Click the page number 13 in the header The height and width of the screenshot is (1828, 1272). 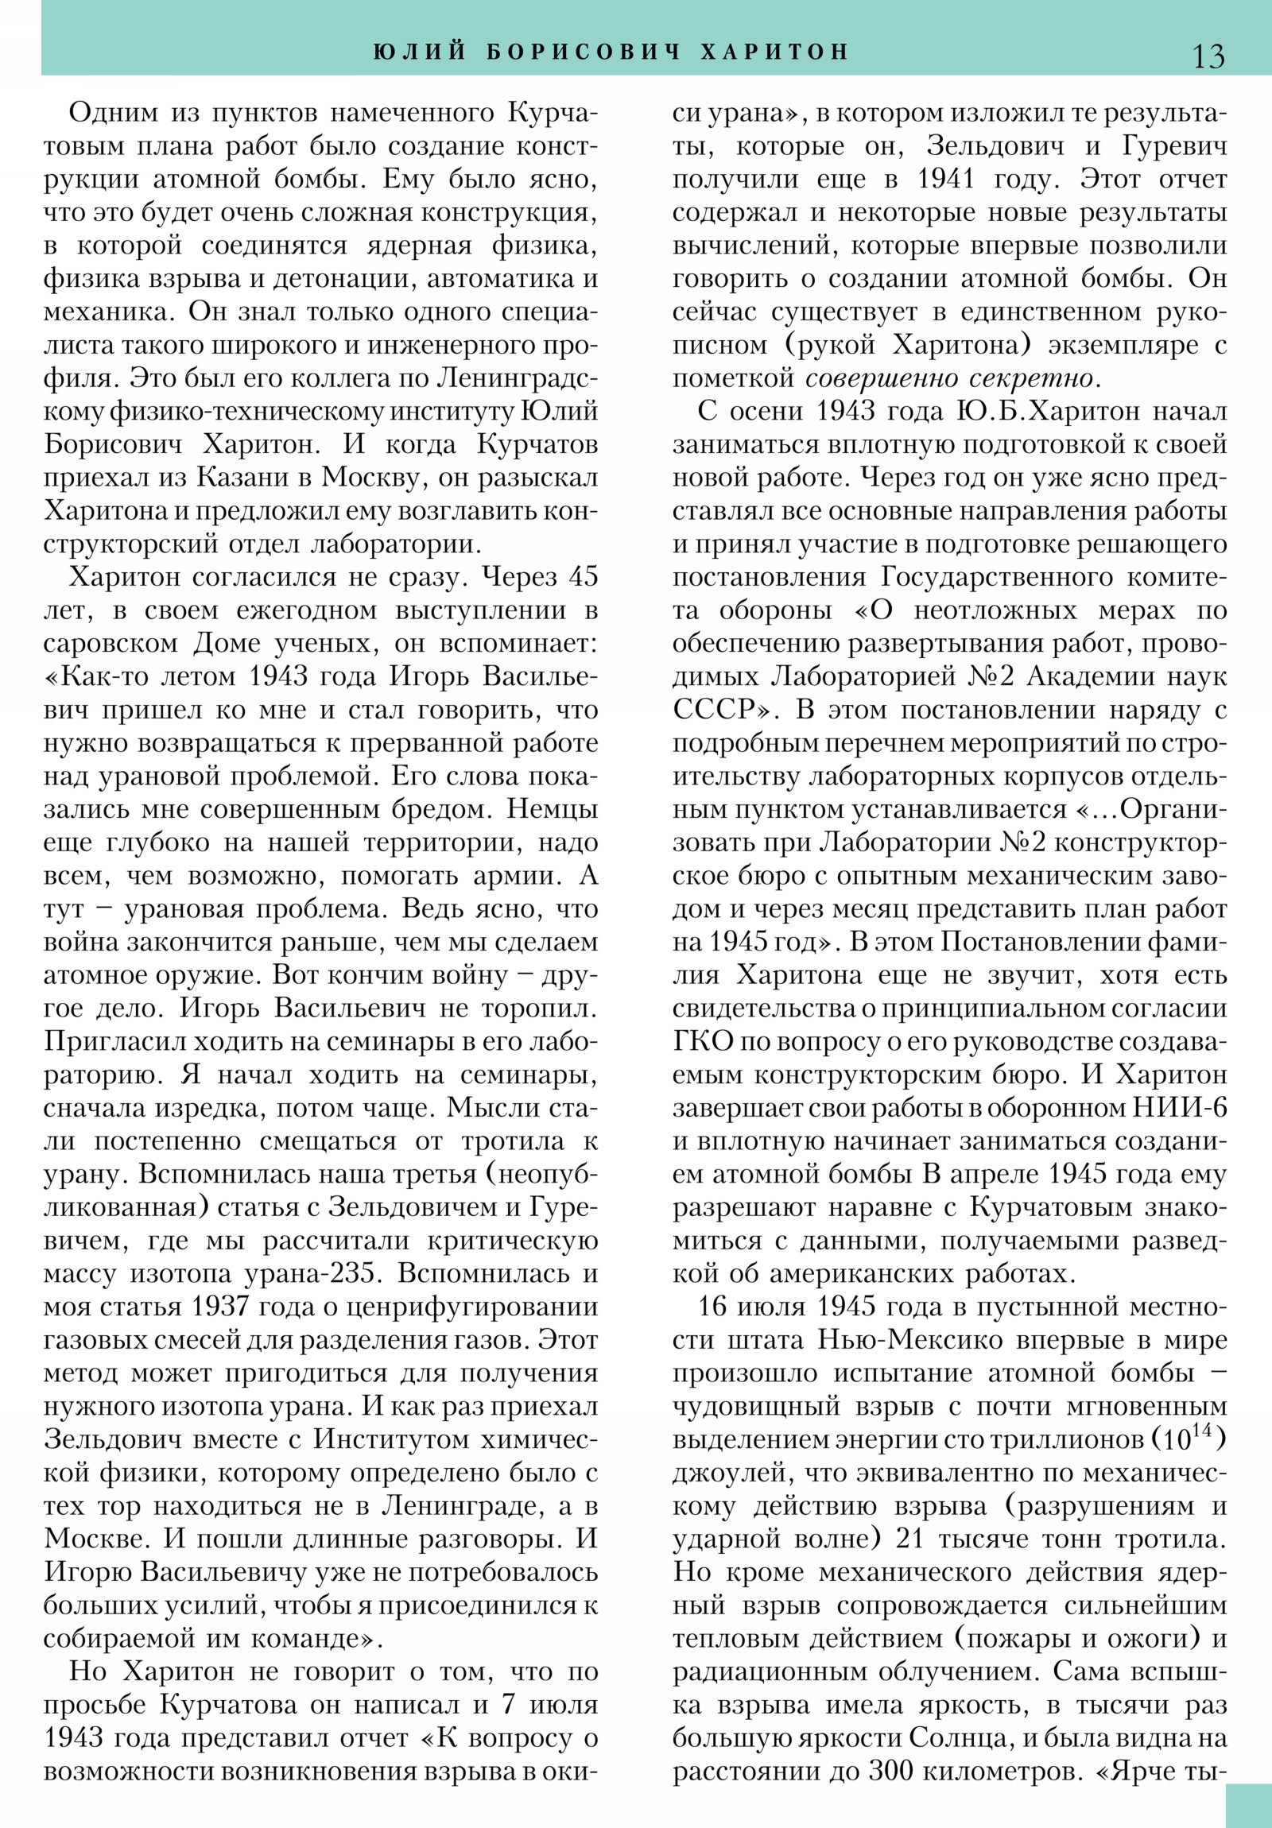1208,56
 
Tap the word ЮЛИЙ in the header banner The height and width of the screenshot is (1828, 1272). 419,52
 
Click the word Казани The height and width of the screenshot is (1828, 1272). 240,478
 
